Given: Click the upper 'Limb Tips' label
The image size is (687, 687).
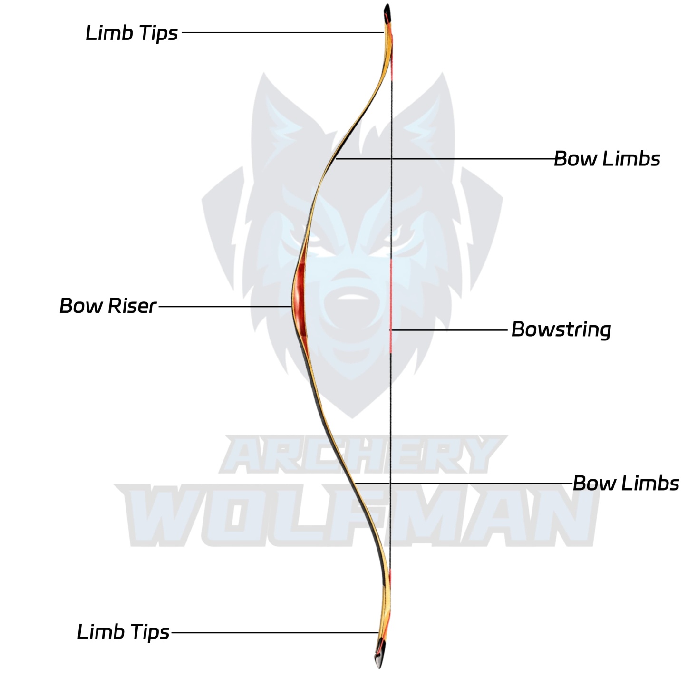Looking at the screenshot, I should (x=132, y=33).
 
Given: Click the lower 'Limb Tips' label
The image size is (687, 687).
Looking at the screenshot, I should (x=123, y=632).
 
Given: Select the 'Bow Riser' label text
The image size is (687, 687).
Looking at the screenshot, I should (x=107, y=306).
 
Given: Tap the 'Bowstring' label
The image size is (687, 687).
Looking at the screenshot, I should (x=561, y=329).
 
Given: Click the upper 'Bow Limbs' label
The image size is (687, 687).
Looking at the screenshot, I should (x=607, y=159).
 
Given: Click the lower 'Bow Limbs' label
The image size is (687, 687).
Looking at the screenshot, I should (x=626, y=483).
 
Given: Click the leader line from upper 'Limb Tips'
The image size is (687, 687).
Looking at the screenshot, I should (x=281, y=32).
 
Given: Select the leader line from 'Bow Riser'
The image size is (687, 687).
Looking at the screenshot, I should (x=223, y=306).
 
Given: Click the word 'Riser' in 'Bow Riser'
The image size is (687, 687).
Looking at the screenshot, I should (x=132, y=306).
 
